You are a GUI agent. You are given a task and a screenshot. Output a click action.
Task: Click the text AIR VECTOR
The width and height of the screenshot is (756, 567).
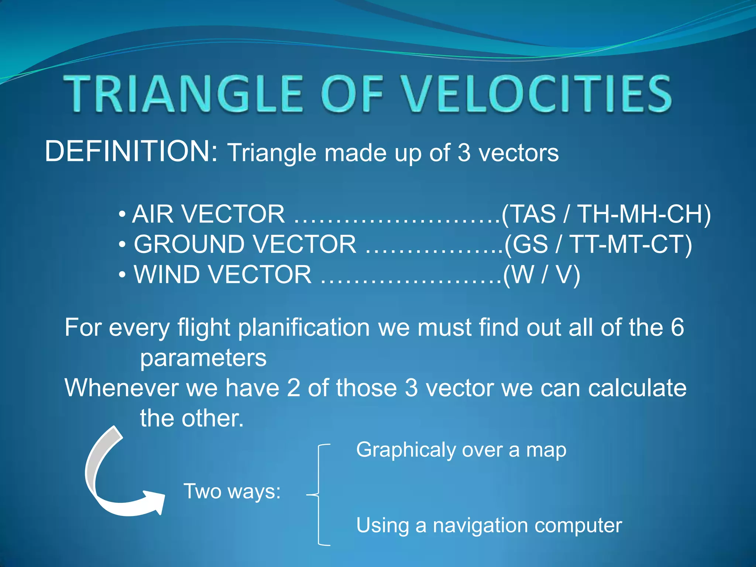tap(209, 214)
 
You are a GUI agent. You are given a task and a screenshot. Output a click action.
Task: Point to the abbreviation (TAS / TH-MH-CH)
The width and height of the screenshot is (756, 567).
tap(606, 214)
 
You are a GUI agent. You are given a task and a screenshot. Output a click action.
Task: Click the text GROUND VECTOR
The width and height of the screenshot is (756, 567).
tap(245, 244)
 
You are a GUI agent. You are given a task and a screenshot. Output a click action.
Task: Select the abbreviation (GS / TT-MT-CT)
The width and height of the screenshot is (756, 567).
tap(598, 244)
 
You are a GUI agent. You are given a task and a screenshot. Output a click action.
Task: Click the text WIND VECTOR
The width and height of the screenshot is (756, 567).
tap(223, 275)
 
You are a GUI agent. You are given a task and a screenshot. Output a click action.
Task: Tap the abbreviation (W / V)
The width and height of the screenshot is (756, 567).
tap(542, 275)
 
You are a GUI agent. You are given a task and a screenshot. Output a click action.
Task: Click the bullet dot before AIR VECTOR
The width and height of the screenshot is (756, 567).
tap(123, 214)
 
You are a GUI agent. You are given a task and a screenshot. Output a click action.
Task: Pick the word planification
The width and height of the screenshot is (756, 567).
tap(303, 327)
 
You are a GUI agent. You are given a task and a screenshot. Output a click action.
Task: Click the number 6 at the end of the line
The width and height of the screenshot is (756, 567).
tap(677, 327)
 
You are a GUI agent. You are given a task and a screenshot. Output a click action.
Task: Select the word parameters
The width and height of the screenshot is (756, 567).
tap(203, 358)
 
